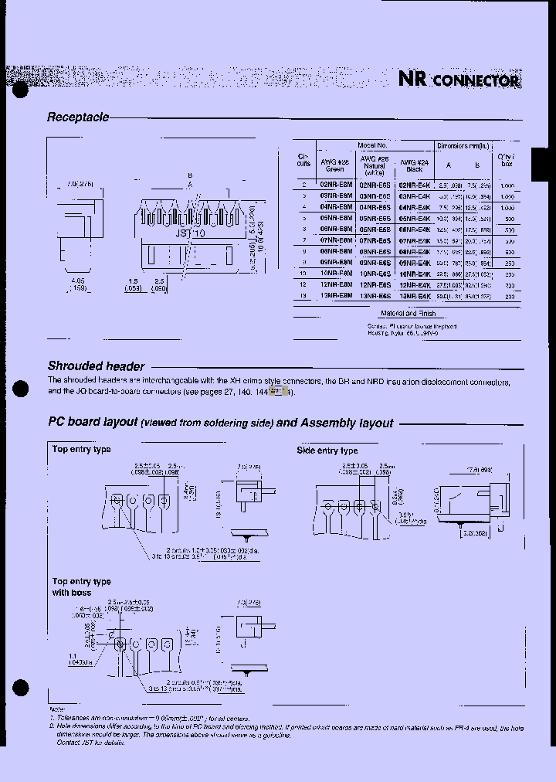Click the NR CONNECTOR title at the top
[x=459, y=80]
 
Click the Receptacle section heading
[x=77, y=117]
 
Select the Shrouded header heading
[x=96, y=366]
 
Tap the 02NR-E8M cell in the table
[x=335, y=185]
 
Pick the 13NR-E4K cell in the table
[x=414, y=296]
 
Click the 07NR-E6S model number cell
[x=375, y=240]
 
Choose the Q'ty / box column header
[x=507, y=160]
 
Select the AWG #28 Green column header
[x=335, y=165]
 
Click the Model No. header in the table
[x=373, y=145]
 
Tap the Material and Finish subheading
[x=409, y=314]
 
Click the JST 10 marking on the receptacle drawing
[x=189, y=233]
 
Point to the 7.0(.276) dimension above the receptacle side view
[x=80, y=184]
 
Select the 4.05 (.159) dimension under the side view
[x=76, y=284]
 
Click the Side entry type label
[x=327, y=450]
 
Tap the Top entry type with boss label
[x=81, y=587]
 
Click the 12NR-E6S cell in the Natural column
[x=375, y=284]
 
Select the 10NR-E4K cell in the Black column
[x=414, y=274]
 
